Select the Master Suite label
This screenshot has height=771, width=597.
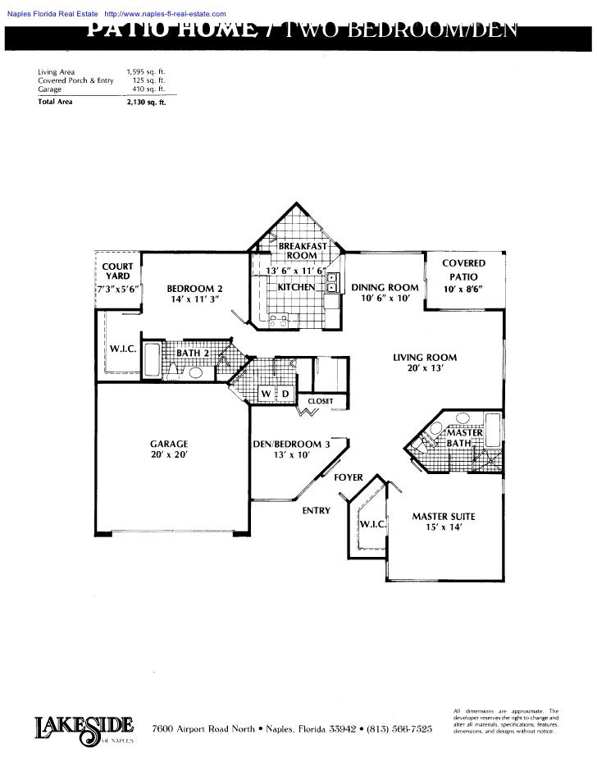(443, 522)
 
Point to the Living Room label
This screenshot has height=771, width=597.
(425, 363)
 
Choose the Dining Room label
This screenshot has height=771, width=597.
(385, 293)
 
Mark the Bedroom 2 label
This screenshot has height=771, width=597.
(194, 294)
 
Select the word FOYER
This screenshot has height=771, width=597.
(348, 477)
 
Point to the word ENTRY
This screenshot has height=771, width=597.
(316, 511)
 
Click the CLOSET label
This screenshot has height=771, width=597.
(320, 402)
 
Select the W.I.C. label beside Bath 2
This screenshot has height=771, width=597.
(122, 349)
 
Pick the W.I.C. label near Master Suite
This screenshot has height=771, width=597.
(369, 523)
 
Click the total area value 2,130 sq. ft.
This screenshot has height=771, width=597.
(146, 103)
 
